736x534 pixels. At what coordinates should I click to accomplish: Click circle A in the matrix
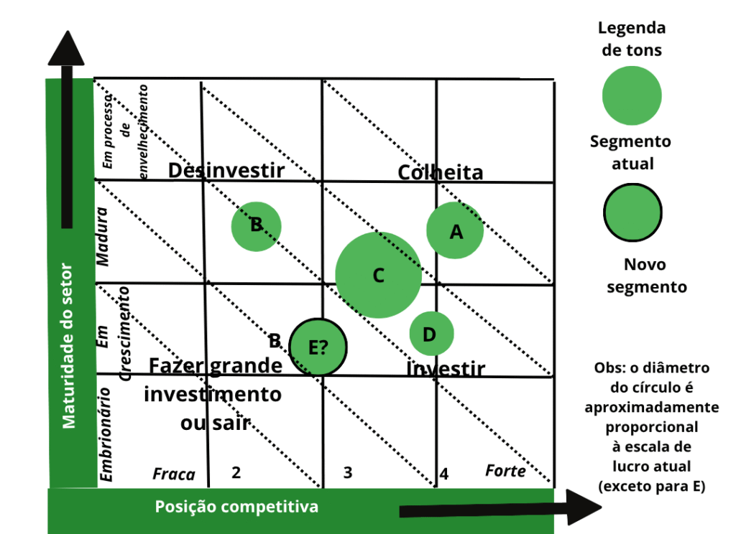(455, 230)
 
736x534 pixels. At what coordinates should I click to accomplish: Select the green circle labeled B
(256, 225)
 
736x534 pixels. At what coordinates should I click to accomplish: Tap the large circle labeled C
(379, 275)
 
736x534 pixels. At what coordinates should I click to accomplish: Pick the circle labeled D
(431, 334)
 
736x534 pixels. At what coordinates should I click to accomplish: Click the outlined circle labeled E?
(318, 347)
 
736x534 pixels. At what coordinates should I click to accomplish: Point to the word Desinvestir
(226, 171)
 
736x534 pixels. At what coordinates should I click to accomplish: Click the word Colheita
(440, 172)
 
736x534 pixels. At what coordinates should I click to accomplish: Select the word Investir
(446, 370)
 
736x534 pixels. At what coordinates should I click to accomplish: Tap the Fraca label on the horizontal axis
(174, 474)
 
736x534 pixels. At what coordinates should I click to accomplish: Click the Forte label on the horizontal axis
(505, 471)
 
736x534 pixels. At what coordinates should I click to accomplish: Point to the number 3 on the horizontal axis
(348, 473)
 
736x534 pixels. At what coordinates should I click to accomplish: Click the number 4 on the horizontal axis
(444, 474)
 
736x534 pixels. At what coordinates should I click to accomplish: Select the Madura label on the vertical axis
(103, 237)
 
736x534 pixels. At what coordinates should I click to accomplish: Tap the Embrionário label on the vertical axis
(106, 434)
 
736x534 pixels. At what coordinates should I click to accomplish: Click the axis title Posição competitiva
(236, 507)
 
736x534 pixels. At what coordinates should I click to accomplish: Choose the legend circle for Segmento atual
(632, 95)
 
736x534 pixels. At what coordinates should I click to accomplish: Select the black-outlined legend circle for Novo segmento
(632, 212)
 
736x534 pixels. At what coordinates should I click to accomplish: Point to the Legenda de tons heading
(632, 39)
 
